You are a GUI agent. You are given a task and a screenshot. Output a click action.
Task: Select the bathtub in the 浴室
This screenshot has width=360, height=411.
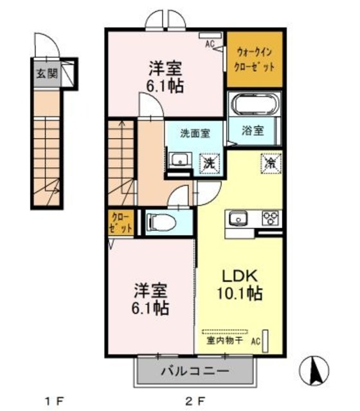click(x=254, y=104)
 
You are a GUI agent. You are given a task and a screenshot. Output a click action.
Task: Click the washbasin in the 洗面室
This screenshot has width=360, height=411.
click(x=179, y=161)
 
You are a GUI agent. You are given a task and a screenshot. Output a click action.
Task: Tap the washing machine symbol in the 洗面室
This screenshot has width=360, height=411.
click(x=210, y=163)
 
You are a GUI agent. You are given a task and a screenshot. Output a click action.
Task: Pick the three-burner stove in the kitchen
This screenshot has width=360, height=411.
click(x=269, y=218)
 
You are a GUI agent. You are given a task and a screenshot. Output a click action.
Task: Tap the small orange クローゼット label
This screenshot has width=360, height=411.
click(x=120, y=222)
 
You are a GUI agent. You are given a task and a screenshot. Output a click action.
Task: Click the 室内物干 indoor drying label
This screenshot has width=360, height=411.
click(x=224, y=340)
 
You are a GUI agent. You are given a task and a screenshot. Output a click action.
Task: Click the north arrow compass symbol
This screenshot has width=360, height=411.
click(x=316, y=369)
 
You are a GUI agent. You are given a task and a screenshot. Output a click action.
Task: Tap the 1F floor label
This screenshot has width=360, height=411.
click(x=54, y=402)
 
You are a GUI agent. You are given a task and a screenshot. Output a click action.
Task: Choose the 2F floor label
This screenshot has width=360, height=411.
click(x=195, y=402)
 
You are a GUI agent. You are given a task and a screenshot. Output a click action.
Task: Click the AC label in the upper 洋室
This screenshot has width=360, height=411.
click(x=209, y=44)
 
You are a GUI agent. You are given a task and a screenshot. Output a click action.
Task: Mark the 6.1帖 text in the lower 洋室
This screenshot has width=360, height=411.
click(x=152, y=308)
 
